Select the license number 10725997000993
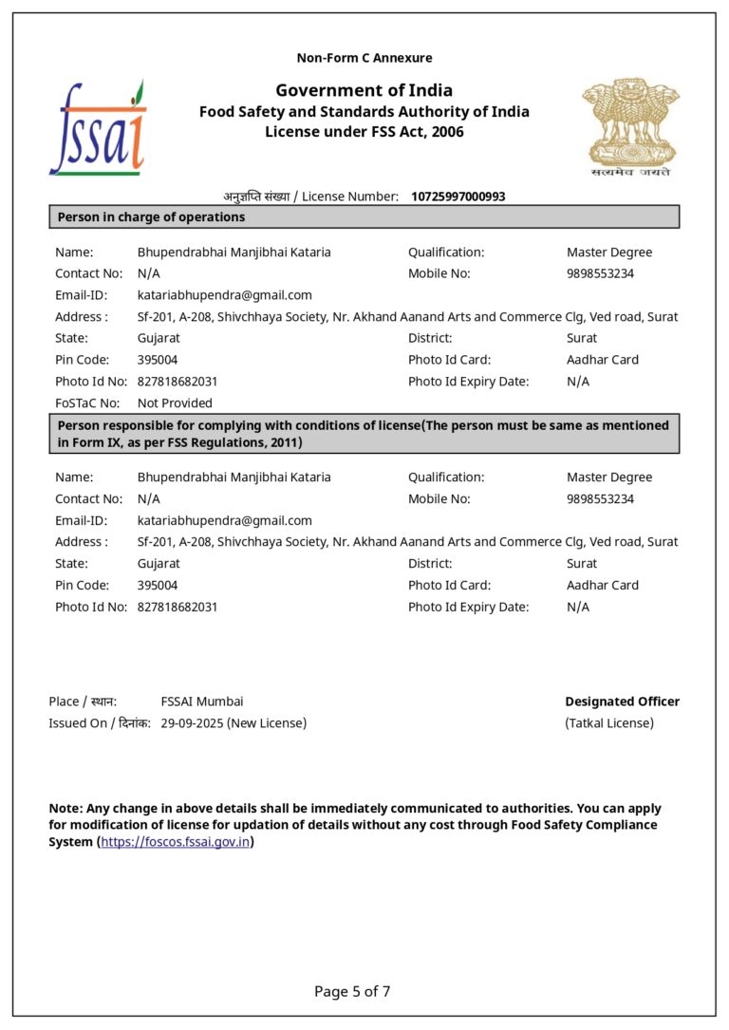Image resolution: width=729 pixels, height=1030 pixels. (458, 197)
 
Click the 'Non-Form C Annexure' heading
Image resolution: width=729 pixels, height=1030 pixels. (364, 58)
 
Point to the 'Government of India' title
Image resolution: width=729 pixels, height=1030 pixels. (364, 90)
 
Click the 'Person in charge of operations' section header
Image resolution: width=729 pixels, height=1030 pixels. (152, 217)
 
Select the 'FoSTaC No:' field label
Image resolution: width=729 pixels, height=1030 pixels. (86, 403)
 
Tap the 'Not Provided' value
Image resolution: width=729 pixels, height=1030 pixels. (175, 403)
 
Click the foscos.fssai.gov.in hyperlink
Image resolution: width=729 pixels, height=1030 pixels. (175, 842)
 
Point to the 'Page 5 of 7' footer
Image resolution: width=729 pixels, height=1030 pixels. (352, 992)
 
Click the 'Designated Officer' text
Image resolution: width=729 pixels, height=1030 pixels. (622, 702)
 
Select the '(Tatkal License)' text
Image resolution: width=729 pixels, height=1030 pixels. (608, 723)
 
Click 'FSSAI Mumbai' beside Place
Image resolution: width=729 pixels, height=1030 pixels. (201, 702)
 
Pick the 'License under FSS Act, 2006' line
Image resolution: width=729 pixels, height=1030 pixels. (364, 132)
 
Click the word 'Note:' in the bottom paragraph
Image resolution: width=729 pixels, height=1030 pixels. (65, 809)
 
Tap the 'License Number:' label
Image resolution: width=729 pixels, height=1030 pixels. (350, 197)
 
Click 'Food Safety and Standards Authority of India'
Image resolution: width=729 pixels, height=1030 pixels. (364, 112)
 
